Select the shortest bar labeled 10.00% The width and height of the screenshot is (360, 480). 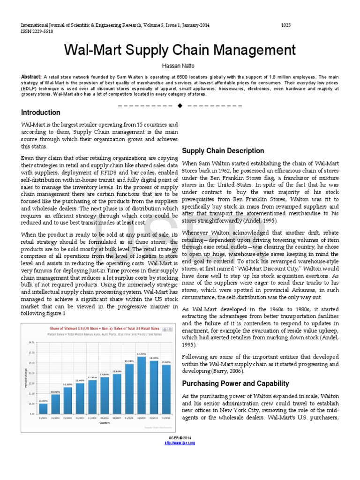pos(43,408)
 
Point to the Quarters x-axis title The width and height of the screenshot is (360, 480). pos(98,422)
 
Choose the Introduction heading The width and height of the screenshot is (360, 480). pos(41,112)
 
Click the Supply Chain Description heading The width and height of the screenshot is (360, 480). pos(223,151)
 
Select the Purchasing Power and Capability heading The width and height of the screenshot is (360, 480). pos(235,383)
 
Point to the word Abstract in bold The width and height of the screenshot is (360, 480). pos(31,76)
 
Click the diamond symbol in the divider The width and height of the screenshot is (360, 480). pos(180,105)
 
